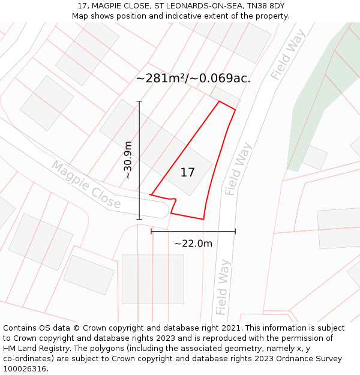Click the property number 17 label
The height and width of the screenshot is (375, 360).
[187, 173]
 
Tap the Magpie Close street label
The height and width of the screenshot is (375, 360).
[86, 184]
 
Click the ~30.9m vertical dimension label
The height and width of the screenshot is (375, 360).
[128, 160]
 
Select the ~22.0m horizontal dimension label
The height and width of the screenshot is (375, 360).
[193, 244]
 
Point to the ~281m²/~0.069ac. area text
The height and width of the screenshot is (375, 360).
[193, 79]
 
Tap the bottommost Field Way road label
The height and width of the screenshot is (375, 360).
[223, 287]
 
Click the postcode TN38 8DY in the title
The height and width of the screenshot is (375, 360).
[265, 6]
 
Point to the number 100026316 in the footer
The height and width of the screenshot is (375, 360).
[24, 369]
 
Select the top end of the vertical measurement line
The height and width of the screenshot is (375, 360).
[139, 101]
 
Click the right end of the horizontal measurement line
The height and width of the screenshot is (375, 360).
[235, 231]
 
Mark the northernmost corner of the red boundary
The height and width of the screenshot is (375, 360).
[220, 101]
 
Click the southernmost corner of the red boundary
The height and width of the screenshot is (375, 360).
[203, 219]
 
